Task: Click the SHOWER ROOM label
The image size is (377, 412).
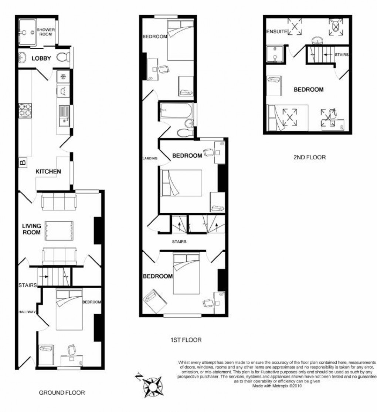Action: (46, 32)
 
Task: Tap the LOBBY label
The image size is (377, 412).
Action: (41, 58)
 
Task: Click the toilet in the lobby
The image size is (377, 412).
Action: (63, 57)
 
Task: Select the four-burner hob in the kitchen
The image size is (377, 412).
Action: (25, 110)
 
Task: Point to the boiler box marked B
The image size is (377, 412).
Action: (23, 162)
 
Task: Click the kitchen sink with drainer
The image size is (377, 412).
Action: (64, 116)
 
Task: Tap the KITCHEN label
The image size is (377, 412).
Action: (48, 172)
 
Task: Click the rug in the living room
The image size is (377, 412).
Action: (59, 231)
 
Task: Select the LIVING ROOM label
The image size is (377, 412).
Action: (31, 229)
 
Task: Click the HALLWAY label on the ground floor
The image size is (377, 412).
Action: (27, 312)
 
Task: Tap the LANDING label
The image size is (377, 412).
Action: (150, 158)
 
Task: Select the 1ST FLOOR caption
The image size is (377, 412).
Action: (186, 340)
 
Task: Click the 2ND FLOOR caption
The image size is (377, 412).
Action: (309, 158)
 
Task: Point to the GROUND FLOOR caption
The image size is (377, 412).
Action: (62, 393)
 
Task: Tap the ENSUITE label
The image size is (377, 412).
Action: (277, 31)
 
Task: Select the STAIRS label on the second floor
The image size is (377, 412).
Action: (342, 54)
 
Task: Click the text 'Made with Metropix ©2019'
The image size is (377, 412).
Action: (277, 386)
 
